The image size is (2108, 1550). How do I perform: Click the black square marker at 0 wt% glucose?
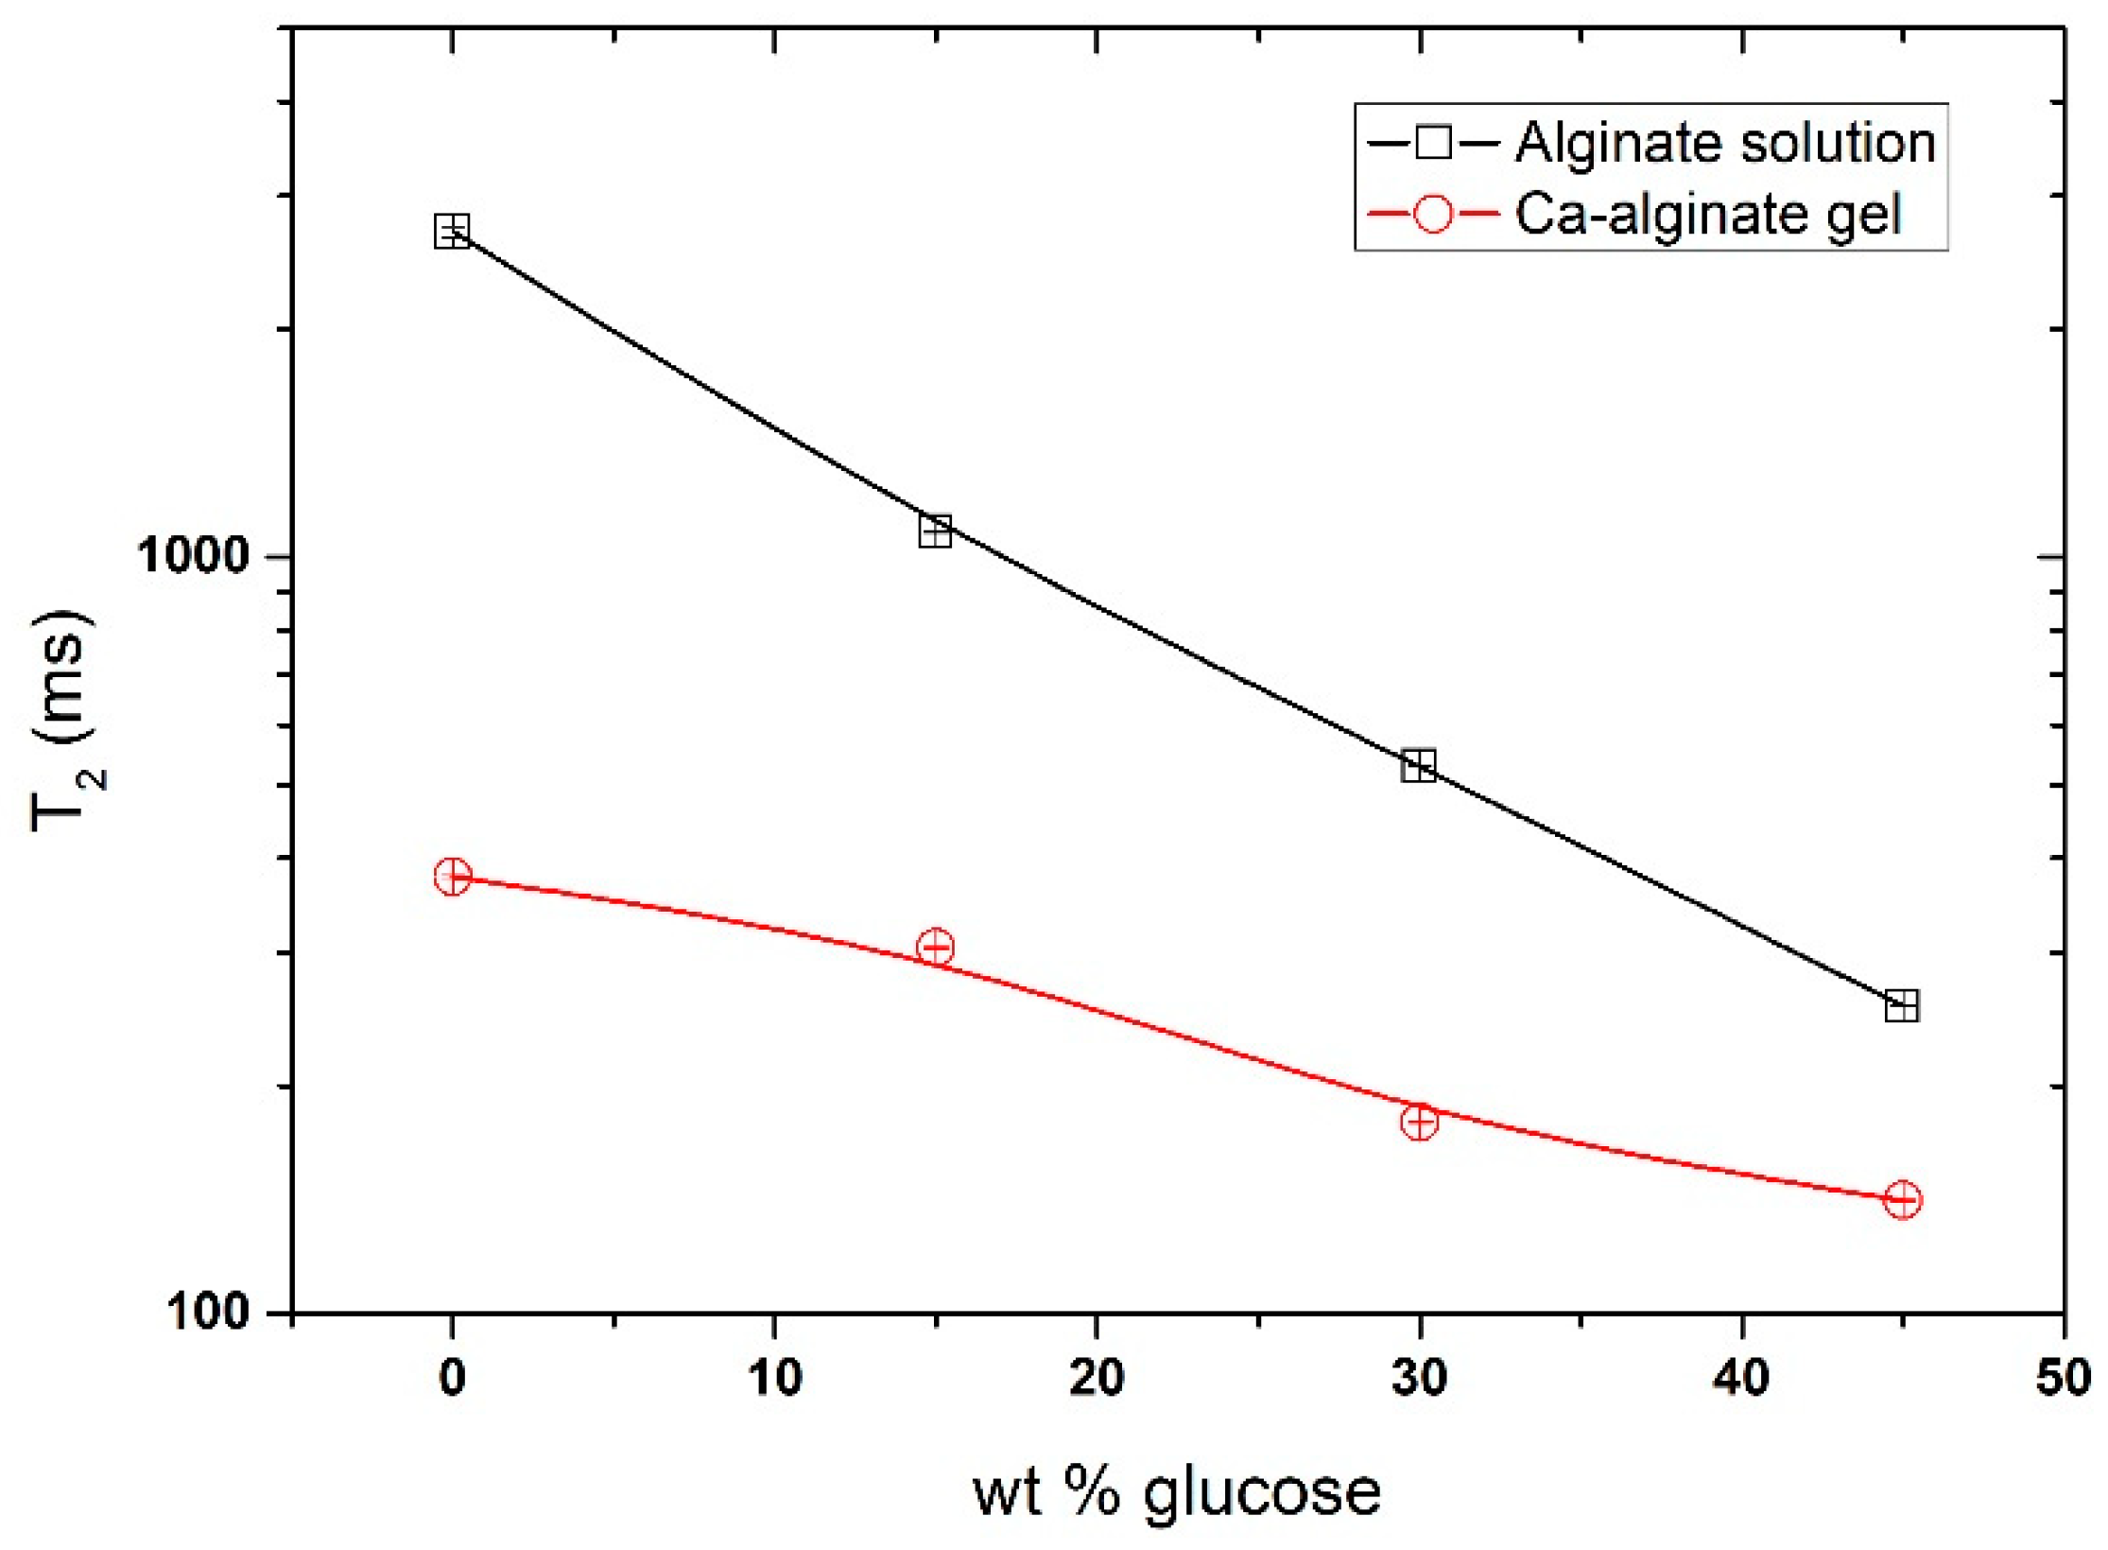452,231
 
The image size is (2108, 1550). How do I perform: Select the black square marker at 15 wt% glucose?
935,531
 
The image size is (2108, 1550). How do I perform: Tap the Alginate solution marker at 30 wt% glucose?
1418,765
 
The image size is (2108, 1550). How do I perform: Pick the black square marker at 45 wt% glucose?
1902,1005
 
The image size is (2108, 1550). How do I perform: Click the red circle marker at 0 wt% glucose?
452,876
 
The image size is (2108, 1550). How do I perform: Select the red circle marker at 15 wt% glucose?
935,947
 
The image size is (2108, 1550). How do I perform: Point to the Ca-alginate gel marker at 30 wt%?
1418,1122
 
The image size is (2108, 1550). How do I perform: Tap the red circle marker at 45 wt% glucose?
1902,1200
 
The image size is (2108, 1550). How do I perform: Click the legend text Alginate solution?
1725,144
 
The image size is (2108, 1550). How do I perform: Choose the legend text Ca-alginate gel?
1708,215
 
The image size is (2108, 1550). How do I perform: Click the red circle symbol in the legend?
1432,215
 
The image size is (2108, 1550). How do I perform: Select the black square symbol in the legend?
1433,144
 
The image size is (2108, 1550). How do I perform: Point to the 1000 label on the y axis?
193,555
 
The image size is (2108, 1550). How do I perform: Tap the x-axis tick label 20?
1097,1379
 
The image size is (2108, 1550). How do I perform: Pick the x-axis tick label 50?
2063,1379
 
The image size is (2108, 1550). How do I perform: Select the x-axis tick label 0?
452,1379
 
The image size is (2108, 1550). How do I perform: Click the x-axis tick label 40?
1741,1379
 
